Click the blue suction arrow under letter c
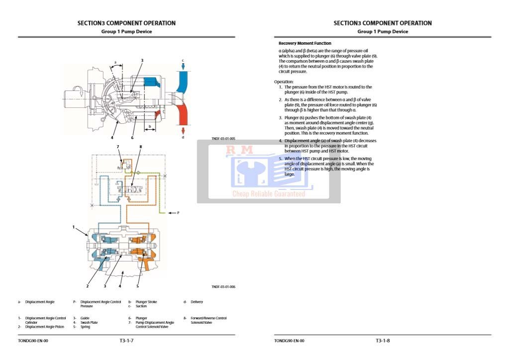pos(183,67)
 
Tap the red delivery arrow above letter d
pos(183,130)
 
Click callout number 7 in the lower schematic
pos(118,147)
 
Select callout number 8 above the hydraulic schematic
pos(141,147)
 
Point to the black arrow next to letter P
pos(171,213)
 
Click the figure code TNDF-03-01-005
pos(223,139)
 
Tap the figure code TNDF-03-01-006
pos(223,286)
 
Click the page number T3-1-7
pos(126,341)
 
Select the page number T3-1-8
pos(383,341)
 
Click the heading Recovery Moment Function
pos(305,43)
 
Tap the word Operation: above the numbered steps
pos(284,82)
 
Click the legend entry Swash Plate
pos(90,322)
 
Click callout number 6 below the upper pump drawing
pos(132,137)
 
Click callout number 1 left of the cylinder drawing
pos(74,227)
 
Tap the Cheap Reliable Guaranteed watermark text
pos(269,194)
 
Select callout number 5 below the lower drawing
pos(137,286)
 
